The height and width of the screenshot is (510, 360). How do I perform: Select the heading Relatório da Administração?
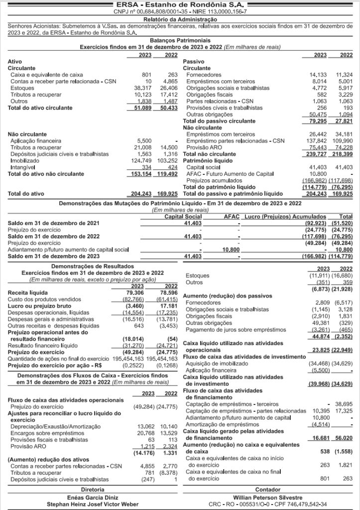pyautogui.click(x=179, y=18)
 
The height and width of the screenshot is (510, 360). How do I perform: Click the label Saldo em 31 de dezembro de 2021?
pyautogui.click(x=49, y=223)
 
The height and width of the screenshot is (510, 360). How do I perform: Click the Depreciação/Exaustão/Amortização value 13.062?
pyautogui.click(x=147, y=426)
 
